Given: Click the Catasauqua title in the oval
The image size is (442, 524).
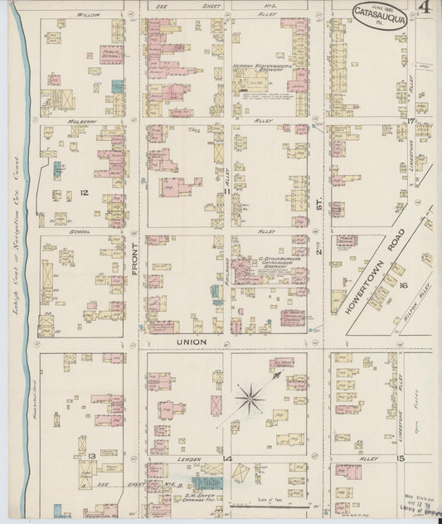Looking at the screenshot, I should [x=382, y=13].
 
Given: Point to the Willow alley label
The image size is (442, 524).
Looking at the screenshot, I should [x=86, y=15].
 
